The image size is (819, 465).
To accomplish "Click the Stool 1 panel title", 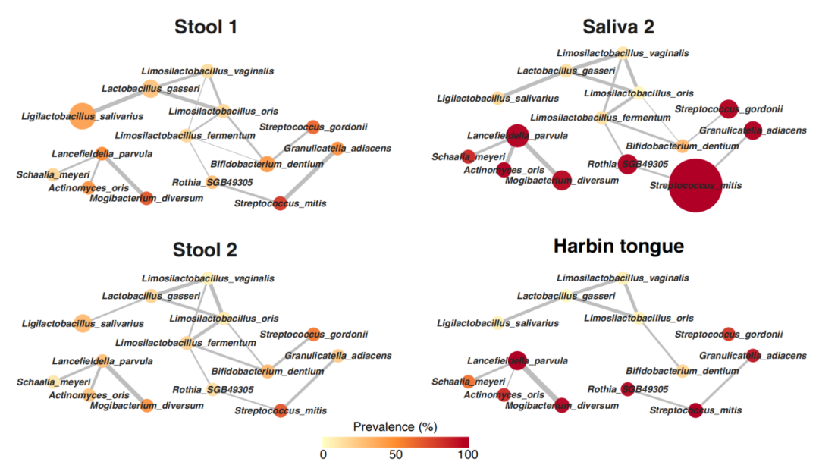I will point(206,28).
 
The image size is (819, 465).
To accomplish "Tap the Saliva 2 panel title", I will point(618,27).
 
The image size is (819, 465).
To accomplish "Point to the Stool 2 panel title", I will point(206,250).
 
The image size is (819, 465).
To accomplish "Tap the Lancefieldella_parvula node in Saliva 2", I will point(517,137).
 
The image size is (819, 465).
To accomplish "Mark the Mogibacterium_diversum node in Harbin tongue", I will point(562,405).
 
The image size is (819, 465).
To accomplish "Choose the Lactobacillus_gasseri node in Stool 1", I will point(150,89).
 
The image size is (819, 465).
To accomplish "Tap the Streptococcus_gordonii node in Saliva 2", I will point(728,109).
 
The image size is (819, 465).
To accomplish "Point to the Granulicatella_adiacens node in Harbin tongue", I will point(753,354).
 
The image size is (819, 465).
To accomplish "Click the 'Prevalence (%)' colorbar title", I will point(394,427).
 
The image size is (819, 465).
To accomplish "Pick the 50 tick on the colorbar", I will point(395,455).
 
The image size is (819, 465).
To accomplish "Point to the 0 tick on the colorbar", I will point(323,455).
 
